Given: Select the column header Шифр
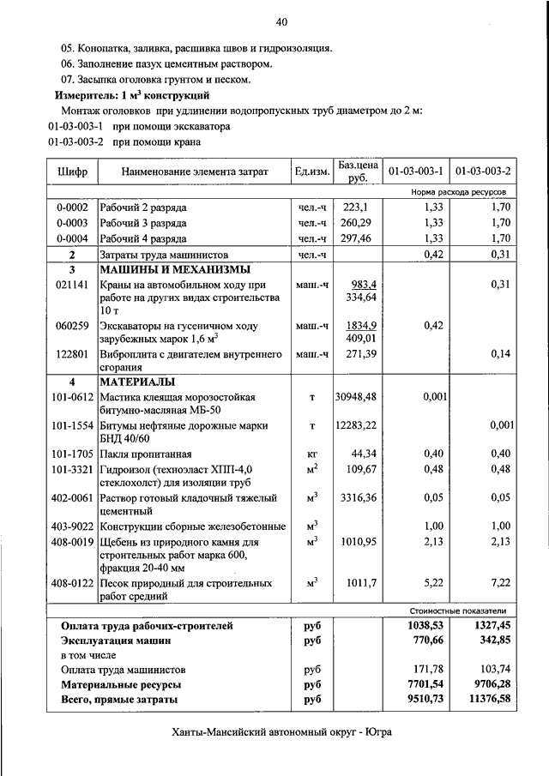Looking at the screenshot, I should (72, 171).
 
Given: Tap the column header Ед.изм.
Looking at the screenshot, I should (312, 171).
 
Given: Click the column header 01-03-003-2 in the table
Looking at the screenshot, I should (484, 171).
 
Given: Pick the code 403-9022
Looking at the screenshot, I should (72, 526).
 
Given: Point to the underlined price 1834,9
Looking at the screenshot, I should (361, 326).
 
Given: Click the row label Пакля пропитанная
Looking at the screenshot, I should (145, 454).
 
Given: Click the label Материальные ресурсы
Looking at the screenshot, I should (120, 685).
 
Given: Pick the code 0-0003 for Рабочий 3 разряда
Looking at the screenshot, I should (72, 223).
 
